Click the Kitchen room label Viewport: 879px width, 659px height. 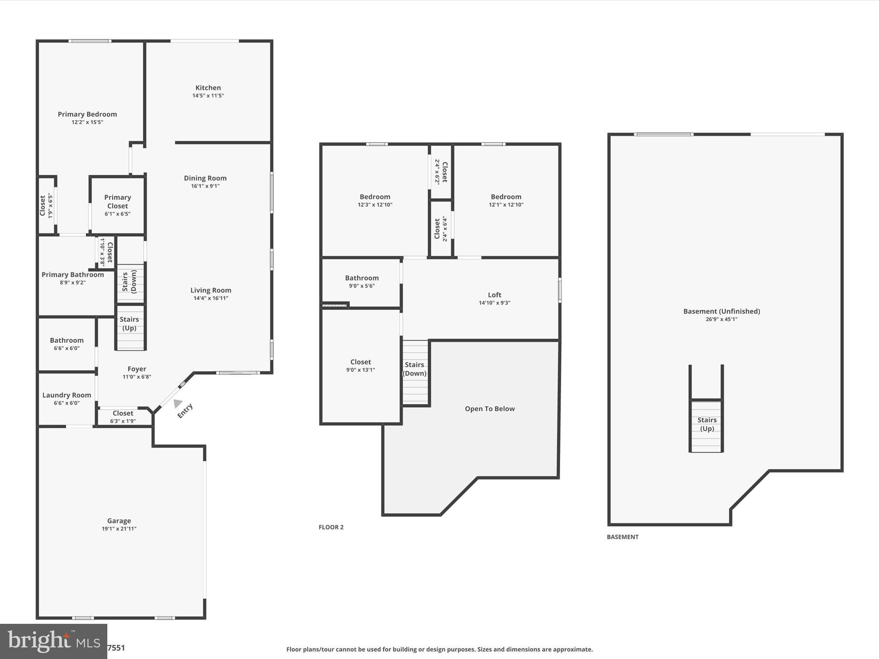point(208,88)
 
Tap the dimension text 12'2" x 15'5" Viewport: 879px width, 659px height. point(87,122)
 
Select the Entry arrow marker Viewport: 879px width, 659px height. point(177,403)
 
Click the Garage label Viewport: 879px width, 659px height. point(119,521)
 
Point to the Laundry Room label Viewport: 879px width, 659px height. point(67,395)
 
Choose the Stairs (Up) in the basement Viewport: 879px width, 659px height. point(706,424)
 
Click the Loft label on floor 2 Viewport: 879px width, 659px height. point(494,295)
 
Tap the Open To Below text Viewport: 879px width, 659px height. point(490,409)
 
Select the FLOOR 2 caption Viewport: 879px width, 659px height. point(331,527)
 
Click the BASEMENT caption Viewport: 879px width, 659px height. point(622,537)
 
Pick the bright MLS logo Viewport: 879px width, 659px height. point(53,641)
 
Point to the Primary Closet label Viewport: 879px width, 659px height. point(117,202)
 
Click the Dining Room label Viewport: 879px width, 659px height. point(205,178)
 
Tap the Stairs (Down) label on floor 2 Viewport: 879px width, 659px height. point(414,369)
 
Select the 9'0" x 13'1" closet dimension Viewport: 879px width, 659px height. point(361,370)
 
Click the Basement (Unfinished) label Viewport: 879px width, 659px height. point(721,311)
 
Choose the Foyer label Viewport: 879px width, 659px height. point(136,369)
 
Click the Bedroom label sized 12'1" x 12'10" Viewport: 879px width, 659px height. point(506,197)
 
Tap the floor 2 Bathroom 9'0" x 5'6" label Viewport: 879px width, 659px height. point(362,278)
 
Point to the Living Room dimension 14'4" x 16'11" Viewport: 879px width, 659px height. point(211,298)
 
